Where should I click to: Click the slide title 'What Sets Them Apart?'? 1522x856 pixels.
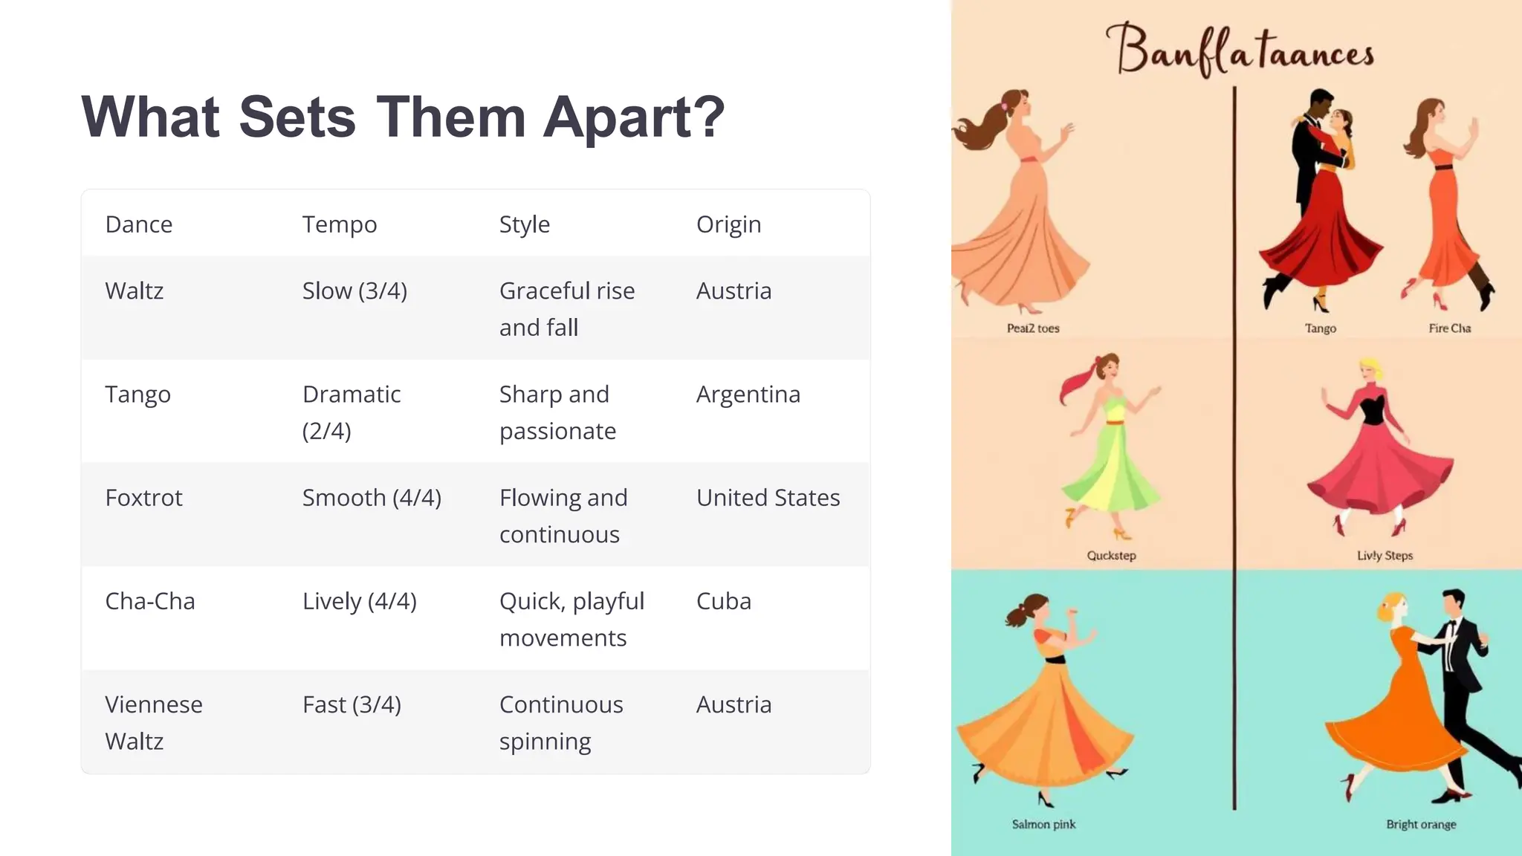pos(403,117)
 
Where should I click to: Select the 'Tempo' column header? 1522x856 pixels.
pos(339,224)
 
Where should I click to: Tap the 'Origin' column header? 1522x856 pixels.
pos(728,224)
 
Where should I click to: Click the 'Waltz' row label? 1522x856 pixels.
pos(134,291)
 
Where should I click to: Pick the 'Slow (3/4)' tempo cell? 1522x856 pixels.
pos(354,291)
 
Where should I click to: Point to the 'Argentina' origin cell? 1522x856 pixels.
pos(748,394)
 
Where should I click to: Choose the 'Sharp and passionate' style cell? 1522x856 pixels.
pos(557,412)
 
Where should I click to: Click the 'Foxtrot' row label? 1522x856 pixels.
pos(143,497)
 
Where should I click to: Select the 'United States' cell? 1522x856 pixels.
pos(768,497)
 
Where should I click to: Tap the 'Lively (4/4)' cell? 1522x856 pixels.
pos(359,600)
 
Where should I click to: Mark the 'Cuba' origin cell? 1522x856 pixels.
pos(723,600)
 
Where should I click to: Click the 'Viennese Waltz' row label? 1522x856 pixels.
pos(153,722)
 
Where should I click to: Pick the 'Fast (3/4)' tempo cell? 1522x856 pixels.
pos(352,704)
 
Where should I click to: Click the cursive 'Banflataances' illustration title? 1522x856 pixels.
pos(1239,51)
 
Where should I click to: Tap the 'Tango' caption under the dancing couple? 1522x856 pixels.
pos(1320,328)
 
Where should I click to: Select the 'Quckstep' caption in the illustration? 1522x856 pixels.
pos(1111,556)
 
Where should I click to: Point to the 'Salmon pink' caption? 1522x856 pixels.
pos(1043,824)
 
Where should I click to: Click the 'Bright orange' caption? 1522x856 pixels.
pos(1421,824)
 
